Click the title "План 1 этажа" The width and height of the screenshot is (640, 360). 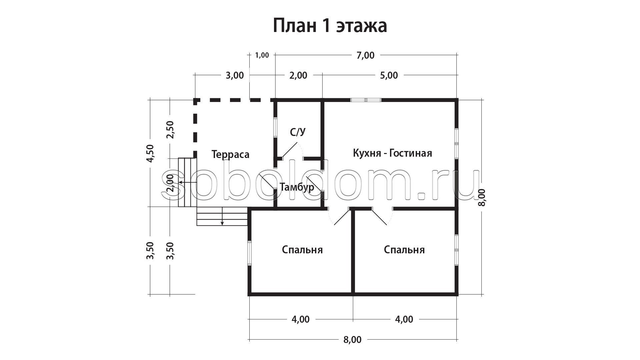[x=330, y=26]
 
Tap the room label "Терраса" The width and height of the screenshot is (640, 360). [x=230, y=155]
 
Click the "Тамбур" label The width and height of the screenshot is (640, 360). [x=297, y=187]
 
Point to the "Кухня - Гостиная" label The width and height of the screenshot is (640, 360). [x=392, y=153]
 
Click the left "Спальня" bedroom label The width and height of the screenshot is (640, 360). [x=302, y=250]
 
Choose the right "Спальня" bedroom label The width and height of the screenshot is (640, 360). [x=404, y=250]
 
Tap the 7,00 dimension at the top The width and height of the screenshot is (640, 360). [x=366, y=55]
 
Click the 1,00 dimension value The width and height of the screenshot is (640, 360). [x=262, y=55]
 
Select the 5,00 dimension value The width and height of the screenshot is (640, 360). [x=389, y=75]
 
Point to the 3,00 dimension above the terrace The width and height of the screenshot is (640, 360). [x=235, y=75]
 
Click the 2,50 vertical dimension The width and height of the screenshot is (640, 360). [x=170, y=130]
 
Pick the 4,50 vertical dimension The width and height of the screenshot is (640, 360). [x=150, y=153]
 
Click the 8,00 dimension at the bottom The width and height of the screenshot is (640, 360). [x=353, y=340]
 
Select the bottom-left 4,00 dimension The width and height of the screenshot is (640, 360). [x=301, y=319]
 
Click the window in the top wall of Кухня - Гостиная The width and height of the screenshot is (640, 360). [x=366, y=100]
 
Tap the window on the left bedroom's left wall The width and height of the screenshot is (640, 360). [x=249, y=253]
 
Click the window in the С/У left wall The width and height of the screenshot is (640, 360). [x=275, y=127]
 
